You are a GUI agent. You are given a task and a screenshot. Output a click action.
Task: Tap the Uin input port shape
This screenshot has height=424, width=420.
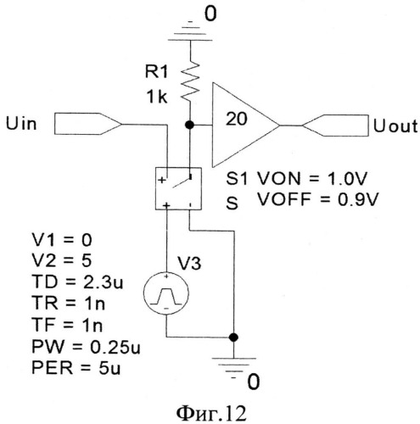(x=88, y=124)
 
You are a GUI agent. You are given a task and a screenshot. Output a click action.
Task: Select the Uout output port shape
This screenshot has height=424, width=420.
(x=336, y=126)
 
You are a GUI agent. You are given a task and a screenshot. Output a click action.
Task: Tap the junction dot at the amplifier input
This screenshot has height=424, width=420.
(x=189, y=125)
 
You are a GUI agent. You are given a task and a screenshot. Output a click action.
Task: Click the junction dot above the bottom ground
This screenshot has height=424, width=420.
(x=233, y=337)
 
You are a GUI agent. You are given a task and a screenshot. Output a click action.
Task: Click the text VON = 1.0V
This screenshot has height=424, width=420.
(x=312, y=179)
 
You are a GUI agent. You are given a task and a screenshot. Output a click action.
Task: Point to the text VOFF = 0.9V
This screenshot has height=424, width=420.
(x=317, y=199)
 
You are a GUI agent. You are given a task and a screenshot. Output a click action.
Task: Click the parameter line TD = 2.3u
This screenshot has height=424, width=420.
(x=77, y=282)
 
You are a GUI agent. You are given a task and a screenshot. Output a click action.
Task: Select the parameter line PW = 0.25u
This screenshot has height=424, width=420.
(x=86, y=347)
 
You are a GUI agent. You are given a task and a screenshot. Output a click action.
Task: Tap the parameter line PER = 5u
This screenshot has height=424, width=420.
(x=76, y=368)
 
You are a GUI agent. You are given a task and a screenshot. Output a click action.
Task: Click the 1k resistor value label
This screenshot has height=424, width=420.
(x=157, y=97)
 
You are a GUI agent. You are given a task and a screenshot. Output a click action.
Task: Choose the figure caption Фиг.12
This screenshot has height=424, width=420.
(x=211, y=413)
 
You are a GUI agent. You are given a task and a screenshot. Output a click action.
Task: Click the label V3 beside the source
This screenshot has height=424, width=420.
(x=189, y=263)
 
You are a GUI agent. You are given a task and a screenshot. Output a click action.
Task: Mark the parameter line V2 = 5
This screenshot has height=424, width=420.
(x=62, y=260)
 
